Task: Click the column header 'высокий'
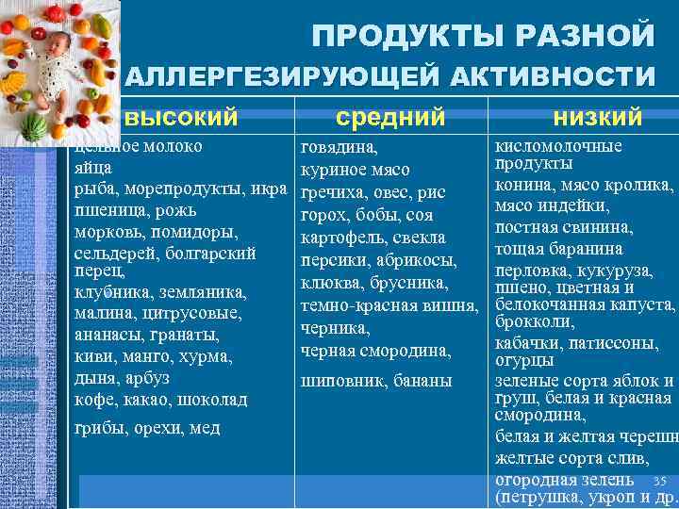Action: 181,117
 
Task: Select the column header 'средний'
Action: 390,117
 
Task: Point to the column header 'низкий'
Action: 598,117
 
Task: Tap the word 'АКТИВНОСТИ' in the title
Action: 548,75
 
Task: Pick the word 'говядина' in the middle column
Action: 339,148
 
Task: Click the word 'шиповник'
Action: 338,381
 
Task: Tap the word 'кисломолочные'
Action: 558,146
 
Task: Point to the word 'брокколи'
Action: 531,321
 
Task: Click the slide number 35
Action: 659,481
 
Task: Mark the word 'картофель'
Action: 340,238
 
